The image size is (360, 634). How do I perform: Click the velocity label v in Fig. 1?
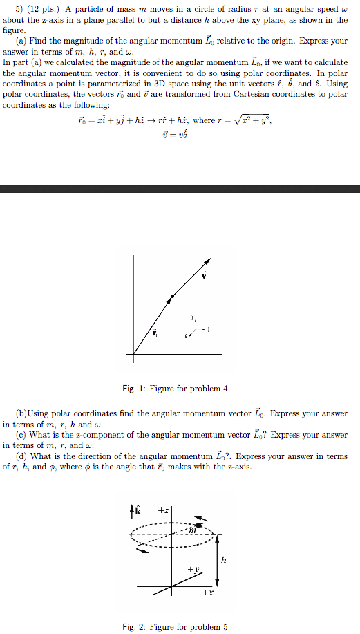tap(204, 276)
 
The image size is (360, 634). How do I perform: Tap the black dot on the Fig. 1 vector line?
tap(173, 296)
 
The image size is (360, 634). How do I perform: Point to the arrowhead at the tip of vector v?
tap(207, 261)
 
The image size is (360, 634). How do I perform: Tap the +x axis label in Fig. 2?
tap(208, 593)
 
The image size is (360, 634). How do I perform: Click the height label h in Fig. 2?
tap(224, 561)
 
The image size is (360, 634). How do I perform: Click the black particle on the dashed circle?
tap(200, 526)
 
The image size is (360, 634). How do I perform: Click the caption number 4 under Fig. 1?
tap(225, 388)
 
